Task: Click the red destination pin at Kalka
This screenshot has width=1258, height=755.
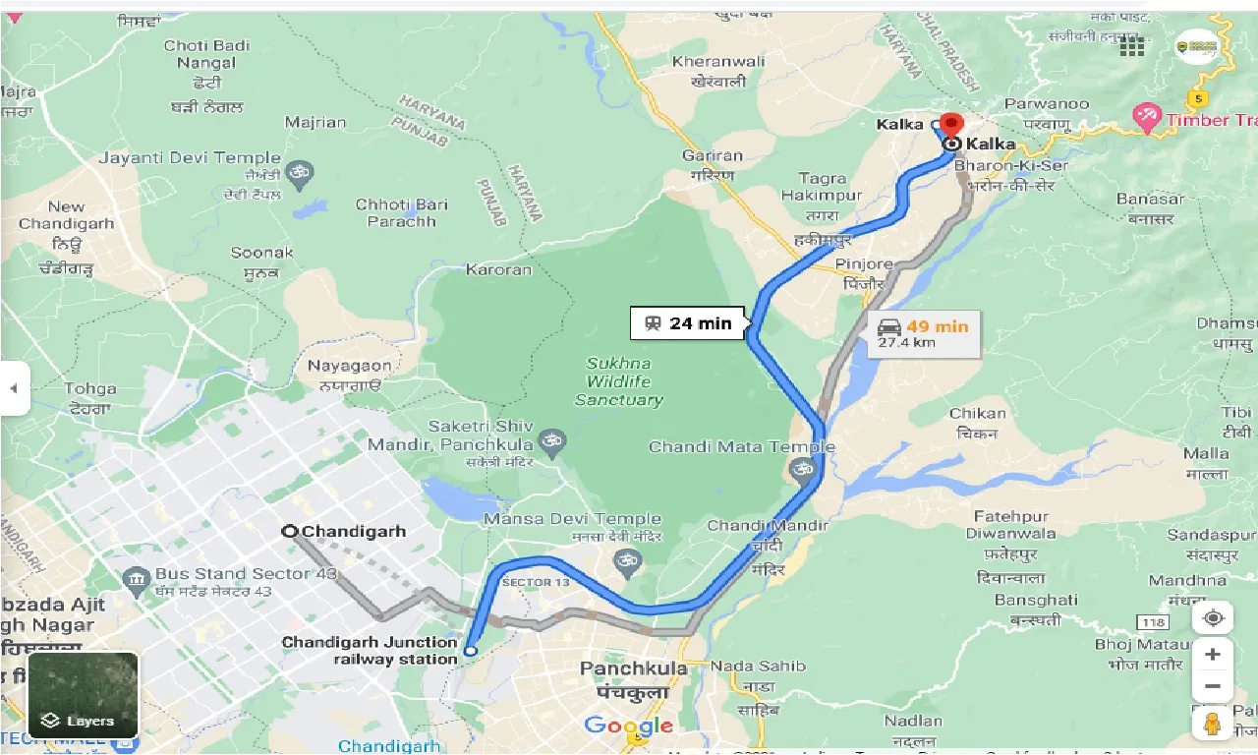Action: (950, 126)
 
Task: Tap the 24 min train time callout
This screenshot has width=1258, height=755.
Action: (690, 323)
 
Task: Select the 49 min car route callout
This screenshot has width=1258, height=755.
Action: (924, 333)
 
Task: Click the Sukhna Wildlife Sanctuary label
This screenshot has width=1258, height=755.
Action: (619, 381)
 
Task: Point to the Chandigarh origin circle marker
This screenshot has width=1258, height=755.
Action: (290, 531)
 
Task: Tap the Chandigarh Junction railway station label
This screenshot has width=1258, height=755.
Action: (370, 650)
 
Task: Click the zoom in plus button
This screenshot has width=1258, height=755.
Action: (1213, 655)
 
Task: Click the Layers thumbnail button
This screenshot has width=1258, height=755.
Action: (84, 695)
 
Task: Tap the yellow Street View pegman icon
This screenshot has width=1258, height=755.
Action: (1213, 725)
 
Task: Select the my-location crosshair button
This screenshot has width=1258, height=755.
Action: (1213, 618)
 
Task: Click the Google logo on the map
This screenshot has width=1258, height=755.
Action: (629, 726)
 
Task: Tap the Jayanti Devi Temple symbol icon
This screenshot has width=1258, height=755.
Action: (301, 176)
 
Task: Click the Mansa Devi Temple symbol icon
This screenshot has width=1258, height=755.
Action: (626, 561)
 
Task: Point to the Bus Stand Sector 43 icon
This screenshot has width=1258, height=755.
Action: (137, 577)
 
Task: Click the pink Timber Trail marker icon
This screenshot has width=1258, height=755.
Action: (1146, 118)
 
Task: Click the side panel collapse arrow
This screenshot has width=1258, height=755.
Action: (14, 388)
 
